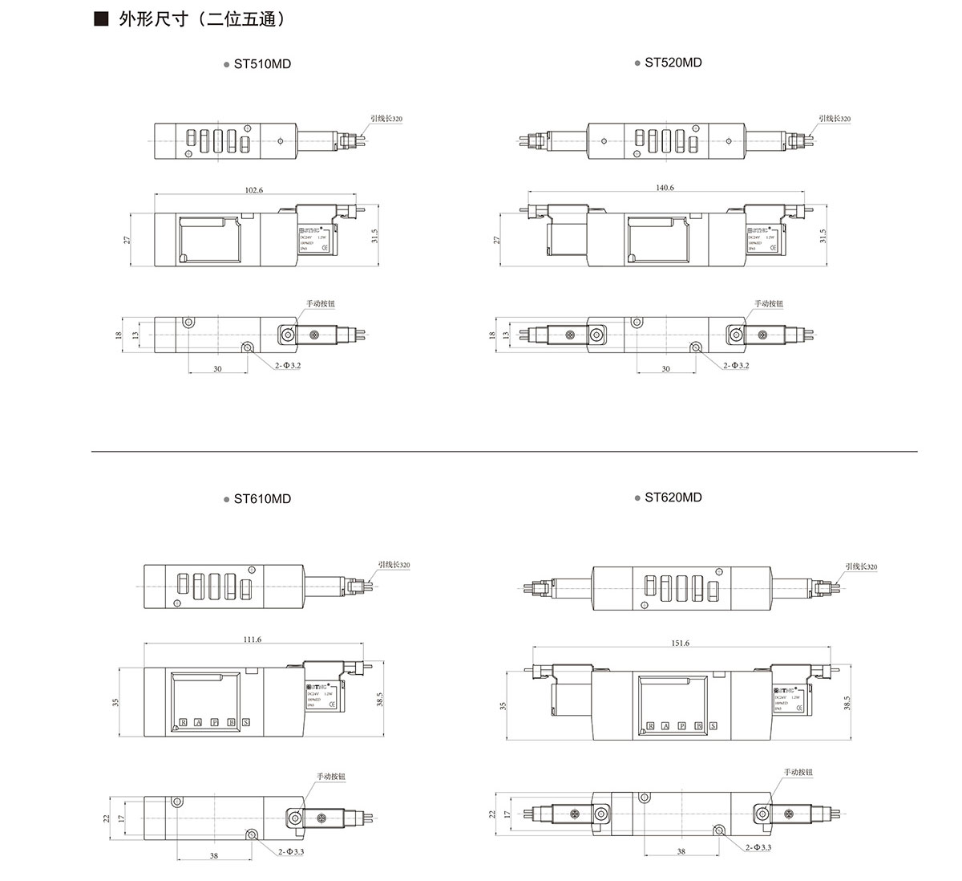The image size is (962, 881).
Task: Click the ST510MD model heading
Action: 261,64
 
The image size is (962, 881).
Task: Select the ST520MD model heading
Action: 673,63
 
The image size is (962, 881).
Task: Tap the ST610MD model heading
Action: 261,499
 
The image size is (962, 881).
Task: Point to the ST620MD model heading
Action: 673,497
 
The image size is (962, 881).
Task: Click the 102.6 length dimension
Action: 253,190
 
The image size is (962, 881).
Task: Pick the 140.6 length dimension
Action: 665,188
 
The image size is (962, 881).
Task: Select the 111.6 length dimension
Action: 252,639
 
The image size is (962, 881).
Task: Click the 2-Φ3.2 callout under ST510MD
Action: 287,365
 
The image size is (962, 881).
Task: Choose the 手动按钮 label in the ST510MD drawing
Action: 320,304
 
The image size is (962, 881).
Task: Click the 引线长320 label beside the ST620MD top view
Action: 861,566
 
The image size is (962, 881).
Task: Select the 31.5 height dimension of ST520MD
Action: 823,237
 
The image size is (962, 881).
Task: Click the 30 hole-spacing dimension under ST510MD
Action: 217,369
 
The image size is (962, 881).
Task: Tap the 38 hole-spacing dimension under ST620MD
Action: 681,852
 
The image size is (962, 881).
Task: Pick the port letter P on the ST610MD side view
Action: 214,722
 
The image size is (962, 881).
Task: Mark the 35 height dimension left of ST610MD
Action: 115,702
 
